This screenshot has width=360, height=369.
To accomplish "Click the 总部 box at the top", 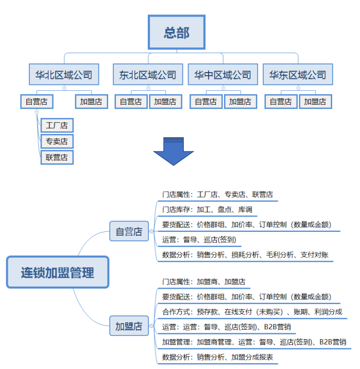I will pos(177,33).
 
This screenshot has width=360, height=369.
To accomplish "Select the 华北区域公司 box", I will pos(64,75).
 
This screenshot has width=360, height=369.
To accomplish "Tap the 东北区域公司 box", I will pos(148,75).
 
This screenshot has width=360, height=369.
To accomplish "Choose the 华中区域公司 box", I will pos(223,75).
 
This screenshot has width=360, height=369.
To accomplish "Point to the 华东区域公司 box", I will pos(298,75).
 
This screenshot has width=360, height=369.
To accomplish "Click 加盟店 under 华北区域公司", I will pos(91,102).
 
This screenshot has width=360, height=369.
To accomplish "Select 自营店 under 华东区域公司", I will pos(281,102).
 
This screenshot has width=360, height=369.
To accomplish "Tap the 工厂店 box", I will pos(57,125).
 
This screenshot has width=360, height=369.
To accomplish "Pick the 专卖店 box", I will pos(57,141).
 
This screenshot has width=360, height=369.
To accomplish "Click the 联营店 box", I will pos(57,157).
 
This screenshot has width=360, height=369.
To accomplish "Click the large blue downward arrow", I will pos(174,150).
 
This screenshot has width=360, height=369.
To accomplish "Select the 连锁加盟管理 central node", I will pos(58,272).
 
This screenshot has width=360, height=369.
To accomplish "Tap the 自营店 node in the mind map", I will pos(129,231).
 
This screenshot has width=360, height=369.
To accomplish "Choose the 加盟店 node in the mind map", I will pos(129,326).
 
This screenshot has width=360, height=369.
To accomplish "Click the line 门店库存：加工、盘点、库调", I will pos(207,209).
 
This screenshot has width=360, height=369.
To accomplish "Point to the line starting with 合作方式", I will pos(251,312).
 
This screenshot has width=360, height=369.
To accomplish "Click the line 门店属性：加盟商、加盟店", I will pos(203,282).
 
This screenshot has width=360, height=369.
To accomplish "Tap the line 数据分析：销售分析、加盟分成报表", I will pos(217,357).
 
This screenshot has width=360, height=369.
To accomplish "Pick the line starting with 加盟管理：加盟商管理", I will pos(253,342).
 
